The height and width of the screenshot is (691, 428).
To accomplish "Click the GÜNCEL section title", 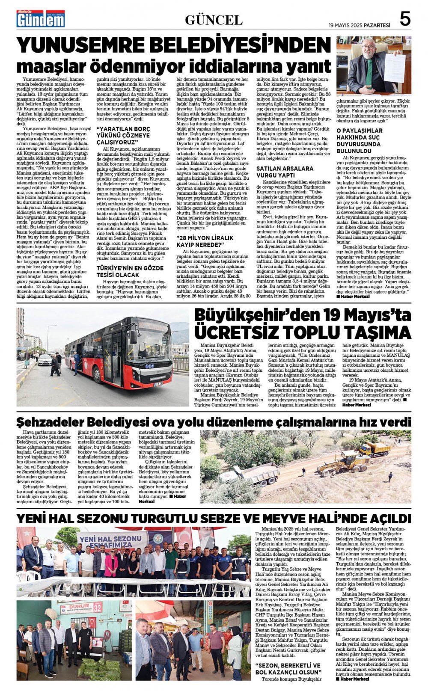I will (x=214, y=20).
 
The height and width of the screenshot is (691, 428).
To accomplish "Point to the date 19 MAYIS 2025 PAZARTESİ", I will (x=360, y=25).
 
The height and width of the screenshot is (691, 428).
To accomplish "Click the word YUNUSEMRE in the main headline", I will (x=81, y=45).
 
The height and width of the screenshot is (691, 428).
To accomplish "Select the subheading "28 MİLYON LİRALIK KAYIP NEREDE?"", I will (x=206, y=241).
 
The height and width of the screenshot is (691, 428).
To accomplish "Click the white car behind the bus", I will (x=45, y=360).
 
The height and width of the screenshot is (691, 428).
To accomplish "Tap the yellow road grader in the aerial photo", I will (x=337, y=464).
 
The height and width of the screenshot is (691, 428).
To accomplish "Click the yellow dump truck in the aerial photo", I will (x=374, y=449).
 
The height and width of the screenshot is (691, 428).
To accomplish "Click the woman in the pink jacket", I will (x=110, y=565).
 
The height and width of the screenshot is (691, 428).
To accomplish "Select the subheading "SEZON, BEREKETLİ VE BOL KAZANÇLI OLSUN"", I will (x=288, y=669).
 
